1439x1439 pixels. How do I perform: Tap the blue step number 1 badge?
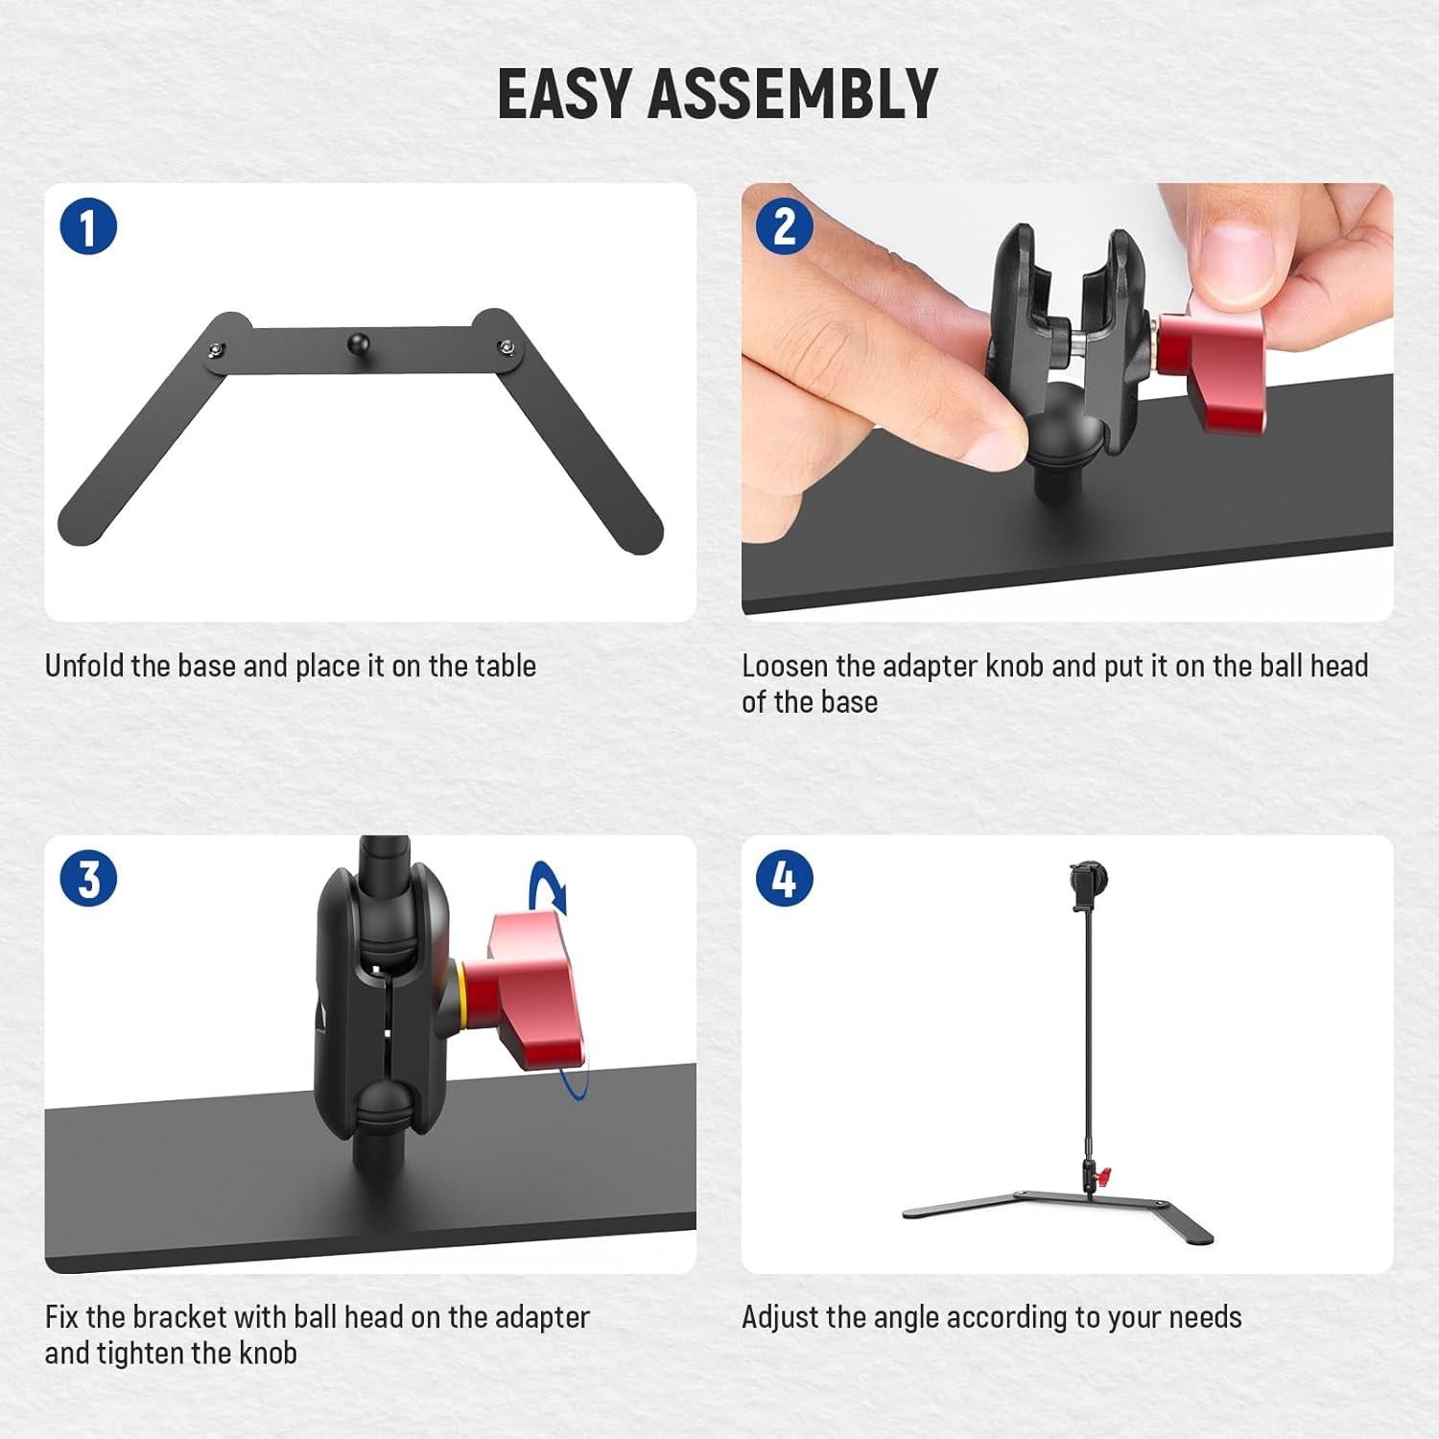pyautogui.click(x=88, y=228)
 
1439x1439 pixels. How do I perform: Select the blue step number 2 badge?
pyautogui.click(x=785, y=228)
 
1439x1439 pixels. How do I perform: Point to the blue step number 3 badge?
pyautogui.click(x=88, y=879)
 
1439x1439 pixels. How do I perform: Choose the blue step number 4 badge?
pyautogui.click(x=785, y=879)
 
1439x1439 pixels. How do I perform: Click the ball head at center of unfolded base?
pyautogui.click(x=357, y=341)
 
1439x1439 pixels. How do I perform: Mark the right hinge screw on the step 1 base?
pyautogui.click(x=505, y=345)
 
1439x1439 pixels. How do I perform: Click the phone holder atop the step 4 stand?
pyautogui.click(x=1084, y=887)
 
